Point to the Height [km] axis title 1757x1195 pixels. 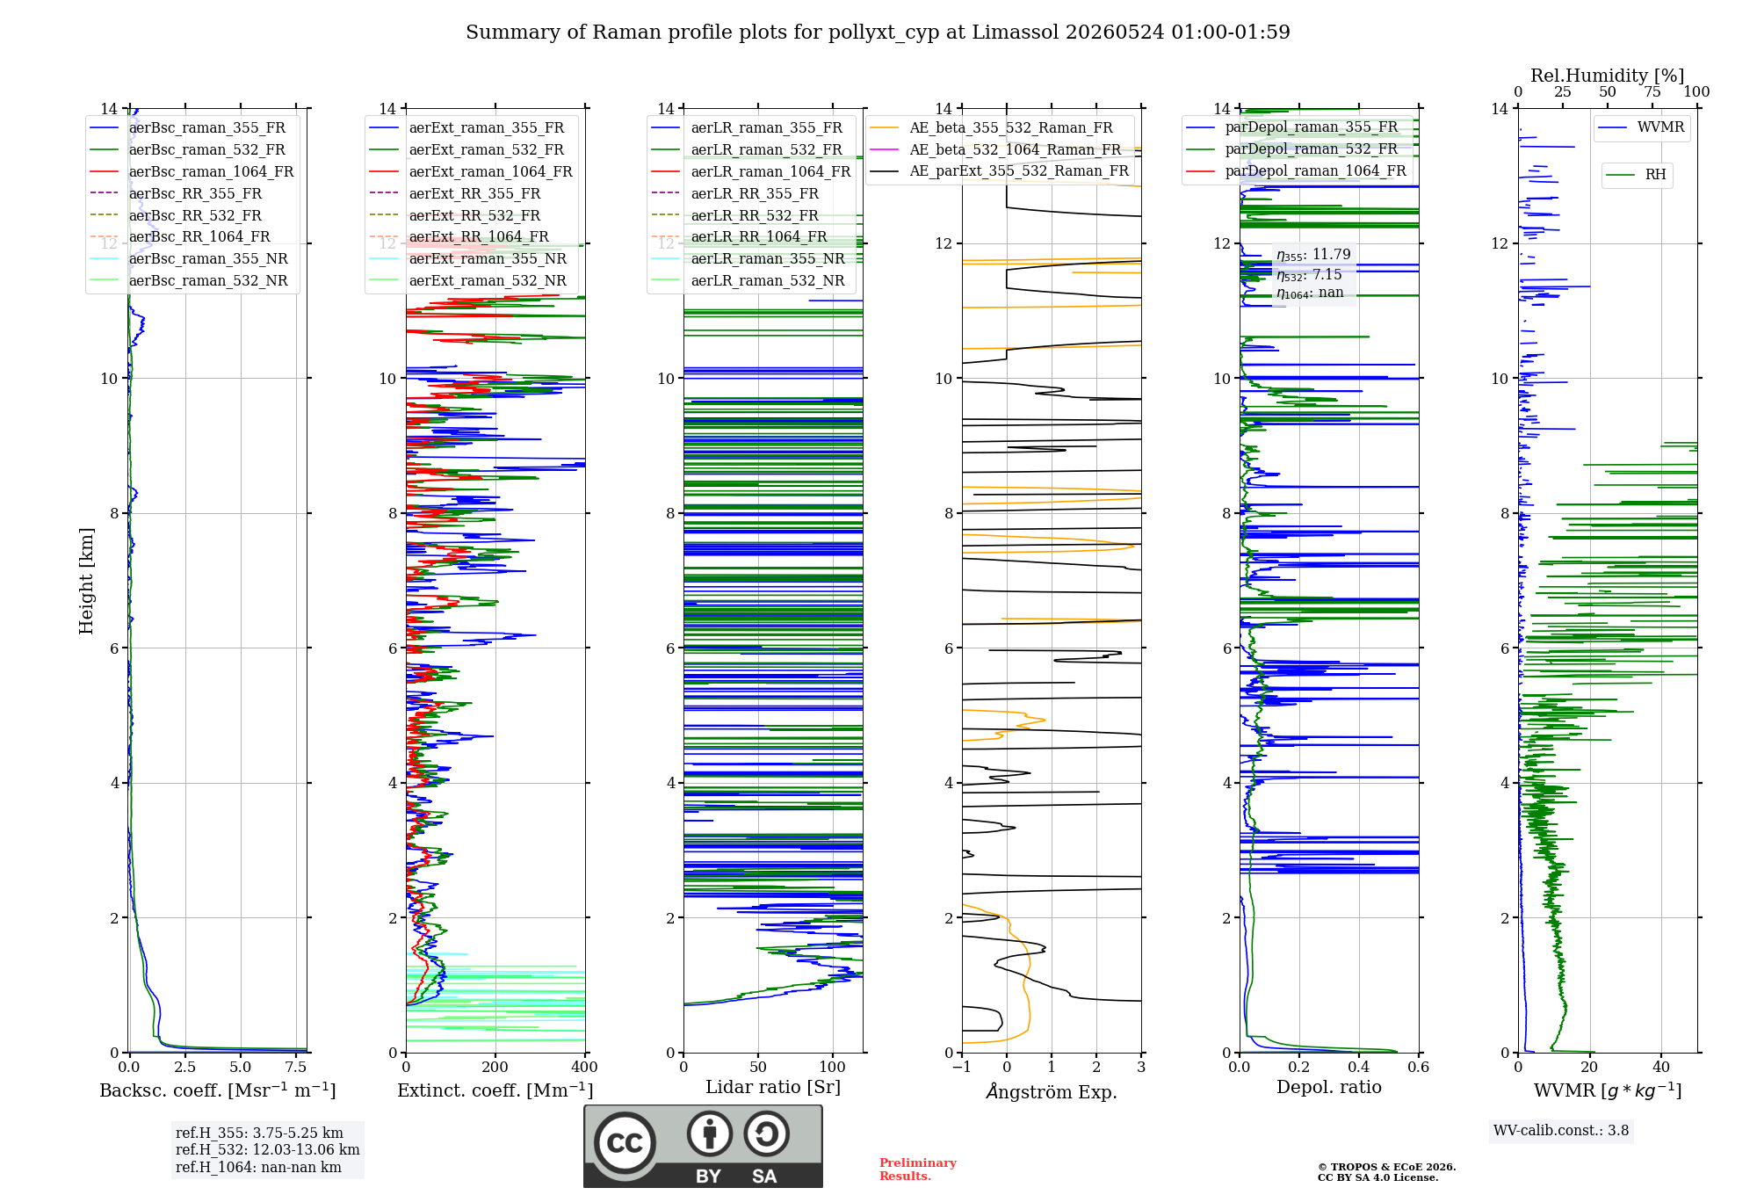pos(86,581)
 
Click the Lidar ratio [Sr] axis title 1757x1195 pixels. pos(773,1087)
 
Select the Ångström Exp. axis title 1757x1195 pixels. pos(1052,1091)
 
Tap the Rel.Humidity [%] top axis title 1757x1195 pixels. pos(1608,76)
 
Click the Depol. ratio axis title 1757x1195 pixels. pos(1329,1087)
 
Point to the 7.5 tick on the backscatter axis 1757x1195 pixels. pos(296,1067)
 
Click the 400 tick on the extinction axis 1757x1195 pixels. pos(585,1067)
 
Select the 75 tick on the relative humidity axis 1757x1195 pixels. pos(1652,92)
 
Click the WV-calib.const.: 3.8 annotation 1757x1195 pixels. pos(1561,1131)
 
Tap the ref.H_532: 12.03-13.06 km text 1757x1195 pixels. pos(268,1149)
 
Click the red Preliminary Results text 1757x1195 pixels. pos(918,1170)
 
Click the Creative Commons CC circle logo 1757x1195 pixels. pos(625,1143)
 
